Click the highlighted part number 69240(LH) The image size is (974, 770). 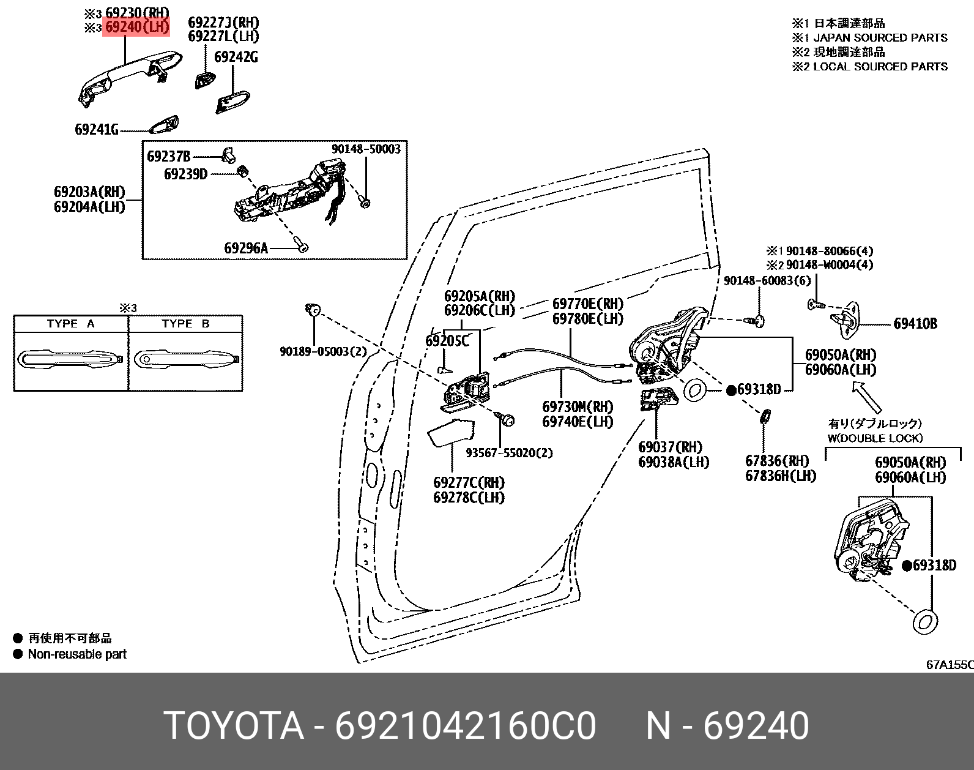[136, 28]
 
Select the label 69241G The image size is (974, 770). [96, 129]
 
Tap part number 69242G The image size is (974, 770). [236, 57]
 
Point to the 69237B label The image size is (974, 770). [168, 156]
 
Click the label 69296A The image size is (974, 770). [246, 248]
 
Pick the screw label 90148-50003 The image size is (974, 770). [366, 149]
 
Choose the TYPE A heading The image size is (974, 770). [71, 324]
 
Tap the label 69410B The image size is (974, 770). [915, 324]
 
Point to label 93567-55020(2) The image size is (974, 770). [509, 453]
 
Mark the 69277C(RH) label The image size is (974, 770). [469, 482]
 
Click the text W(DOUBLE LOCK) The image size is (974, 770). [875, 438]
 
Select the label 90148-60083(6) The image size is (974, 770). [767, 280]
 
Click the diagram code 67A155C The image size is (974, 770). [949, 664]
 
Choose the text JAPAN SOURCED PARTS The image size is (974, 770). [880, 38]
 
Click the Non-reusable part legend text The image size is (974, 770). [77, 654]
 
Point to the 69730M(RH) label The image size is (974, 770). [578, 406]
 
